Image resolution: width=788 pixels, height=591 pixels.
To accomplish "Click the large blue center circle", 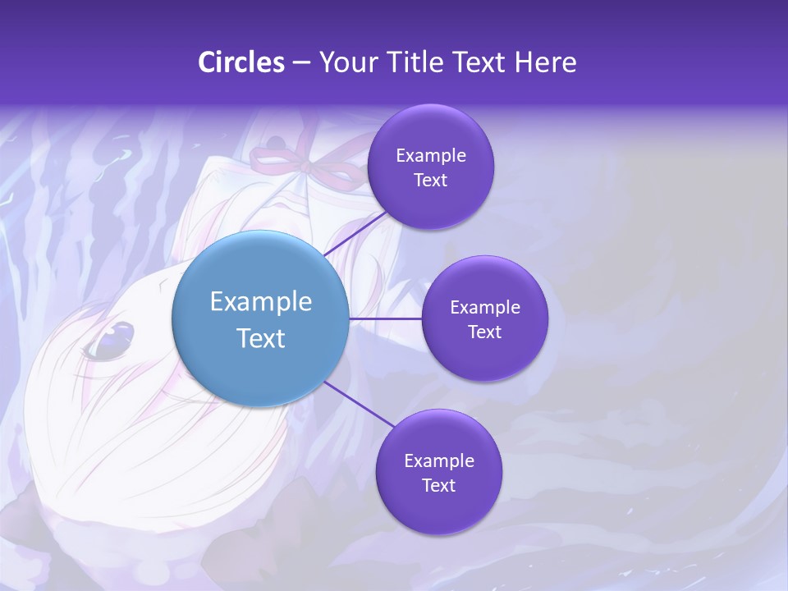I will (259, 318).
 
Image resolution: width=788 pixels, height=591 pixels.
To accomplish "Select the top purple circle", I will (430, 167).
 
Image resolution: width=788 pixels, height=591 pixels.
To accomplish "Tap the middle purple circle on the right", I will (484, 318).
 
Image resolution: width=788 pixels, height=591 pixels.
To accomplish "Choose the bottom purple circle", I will (438, 472).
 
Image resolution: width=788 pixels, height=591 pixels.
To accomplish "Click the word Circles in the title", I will (241, 62).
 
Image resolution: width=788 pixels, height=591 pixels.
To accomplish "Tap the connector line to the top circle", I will (356, 233).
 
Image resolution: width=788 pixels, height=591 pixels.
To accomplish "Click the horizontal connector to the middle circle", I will (386, 318).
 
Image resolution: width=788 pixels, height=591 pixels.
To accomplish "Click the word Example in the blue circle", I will (261, 301).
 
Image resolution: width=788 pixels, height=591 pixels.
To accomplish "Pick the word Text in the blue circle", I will (261, 337).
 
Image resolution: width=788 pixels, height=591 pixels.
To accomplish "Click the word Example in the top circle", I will (431, 156).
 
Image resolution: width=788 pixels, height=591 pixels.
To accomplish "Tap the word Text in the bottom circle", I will (438, 485).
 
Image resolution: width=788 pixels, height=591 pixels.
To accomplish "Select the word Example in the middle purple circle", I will (485, 308).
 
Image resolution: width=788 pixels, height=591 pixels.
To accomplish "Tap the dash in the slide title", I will (301, 63).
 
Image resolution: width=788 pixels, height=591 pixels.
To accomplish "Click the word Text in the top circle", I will (431, 181).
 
